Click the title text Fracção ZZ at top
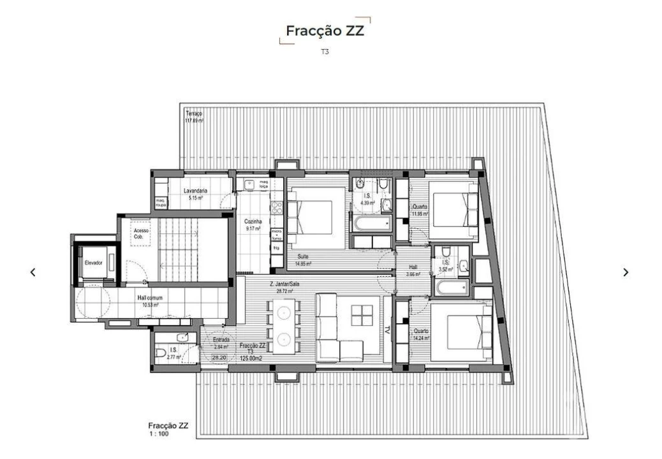tap(325, 31)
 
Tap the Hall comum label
tap(151, 298)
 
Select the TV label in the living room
tap(386, 330)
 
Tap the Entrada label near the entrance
tap(221, 340)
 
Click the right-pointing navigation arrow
tap(626, 272)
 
